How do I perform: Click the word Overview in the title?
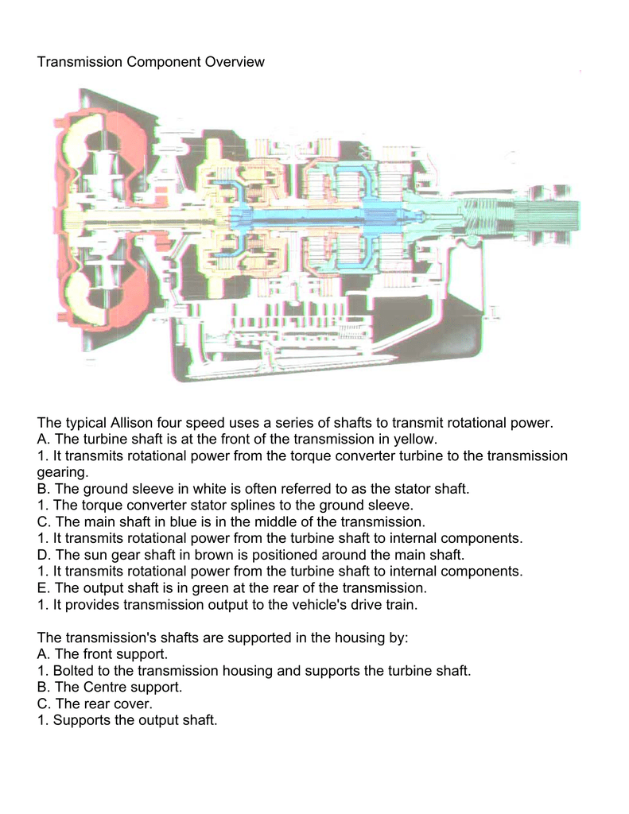pyautogui.click(x=231, y=61)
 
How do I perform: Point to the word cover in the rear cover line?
pyautogui.click(x=152, y=704)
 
